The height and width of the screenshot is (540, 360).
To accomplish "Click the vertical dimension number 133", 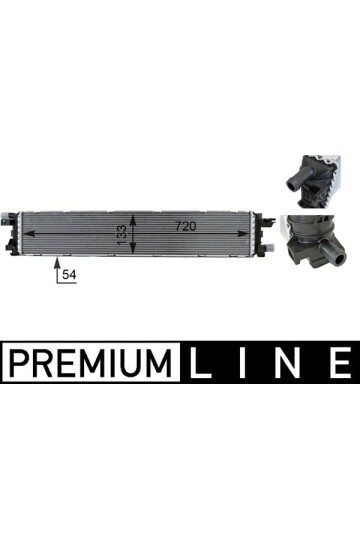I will [121, 234].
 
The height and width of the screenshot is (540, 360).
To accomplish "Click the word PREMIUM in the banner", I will [90, 361].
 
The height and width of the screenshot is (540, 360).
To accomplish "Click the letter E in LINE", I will [338, 361].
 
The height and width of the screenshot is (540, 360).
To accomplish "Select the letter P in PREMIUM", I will [18, 361].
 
